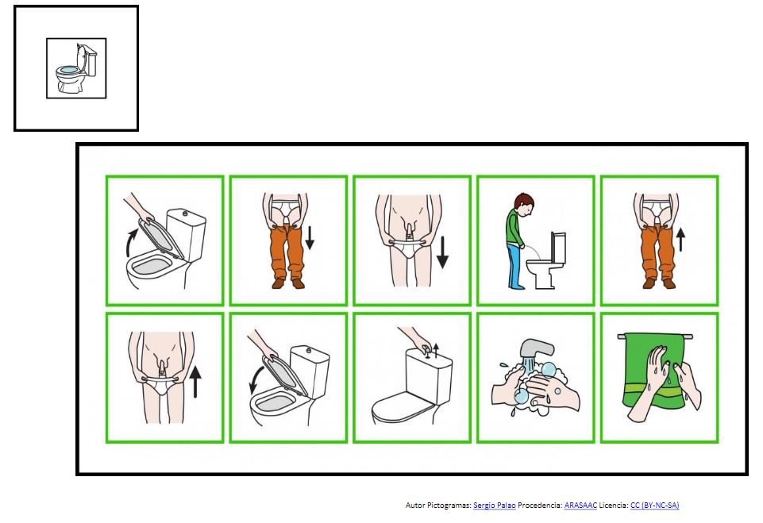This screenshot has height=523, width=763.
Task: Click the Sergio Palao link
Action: (494, 505)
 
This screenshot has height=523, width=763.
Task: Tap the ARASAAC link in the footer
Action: (580, 505)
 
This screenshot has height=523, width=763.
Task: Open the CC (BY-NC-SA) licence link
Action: (654, 505)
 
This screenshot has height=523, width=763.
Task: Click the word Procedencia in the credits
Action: (540, 505)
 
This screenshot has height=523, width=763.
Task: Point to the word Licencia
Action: (613, 505)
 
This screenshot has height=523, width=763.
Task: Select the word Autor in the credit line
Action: (414, 505)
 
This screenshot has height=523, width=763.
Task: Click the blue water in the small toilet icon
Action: (68, 70)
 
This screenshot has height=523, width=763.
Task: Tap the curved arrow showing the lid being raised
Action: (129, 243)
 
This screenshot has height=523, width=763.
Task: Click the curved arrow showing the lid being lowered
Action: (256, 380)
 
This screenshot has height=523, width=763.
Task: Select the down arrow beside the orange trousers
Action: (310, 237)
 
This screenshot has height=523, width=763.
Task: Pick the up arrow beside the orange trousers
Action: (680, 240)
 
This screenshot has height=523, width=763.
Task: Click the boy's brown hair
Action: (525, 199)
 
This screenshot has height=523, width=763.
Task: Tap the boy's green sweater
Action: (514, 227)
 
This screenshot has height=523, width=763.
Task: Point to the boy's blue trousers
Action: (514, 266)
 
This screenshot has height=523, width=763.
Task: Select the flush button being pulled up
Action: (426, 351)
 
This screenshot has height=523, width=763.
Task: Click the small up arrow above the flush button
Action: (436, 349)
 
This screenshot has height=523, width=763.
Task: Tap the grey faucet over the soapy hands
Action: (535, 349)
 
